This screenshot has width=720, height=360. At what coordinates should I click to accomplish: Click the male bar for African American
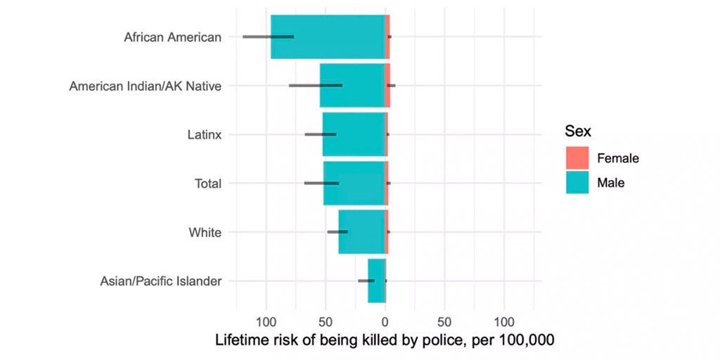tap(327, 37)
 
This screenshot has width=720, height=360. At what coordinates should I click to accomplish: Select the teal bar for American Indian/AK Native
tap(352, 85)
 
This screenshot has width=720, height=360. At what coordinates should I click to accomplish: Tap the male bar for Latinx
tap(353, 134)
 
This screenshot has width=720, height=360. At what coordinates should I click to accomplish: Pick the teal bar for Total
tap(354, 183)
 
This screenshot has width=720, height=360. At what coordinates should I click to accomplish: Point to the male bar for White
tap(361, 231)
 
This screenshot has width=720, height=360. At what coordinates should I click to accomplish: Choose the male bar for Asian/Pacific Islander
tap(376, 281)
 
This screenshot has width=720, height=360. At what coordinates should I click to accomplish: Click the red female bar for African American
tap(387, 37)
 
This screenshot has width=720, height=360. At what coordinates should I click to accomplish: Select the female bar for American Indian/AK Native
tap(387, 85)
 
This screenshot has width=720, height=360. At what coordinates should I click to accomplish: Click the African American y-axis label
tap(172, 37)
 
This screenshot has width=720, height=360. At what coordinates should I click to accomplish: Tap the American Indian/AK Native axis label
tap(146, 86)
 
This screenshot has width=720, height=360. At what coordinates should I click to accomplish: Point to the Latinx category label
tap(204, 134)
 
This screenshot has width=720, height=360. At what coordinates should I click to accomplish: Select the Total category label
tap(207, 184)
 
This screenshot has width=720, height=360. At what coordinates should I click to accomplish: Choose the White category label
tap(205, 232)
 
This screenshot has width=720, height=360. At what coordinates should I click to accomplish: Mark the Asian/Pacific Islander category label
tap(161, 281)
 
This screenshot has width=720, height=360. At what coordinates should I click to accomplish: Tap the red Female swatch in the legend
tap(577, 158)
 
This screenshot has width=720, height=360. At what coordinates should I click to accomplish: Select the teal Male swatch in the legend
tap(577, 183)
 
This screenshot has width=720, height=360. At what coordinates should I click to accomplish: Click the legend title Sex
tap(577, 131)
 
